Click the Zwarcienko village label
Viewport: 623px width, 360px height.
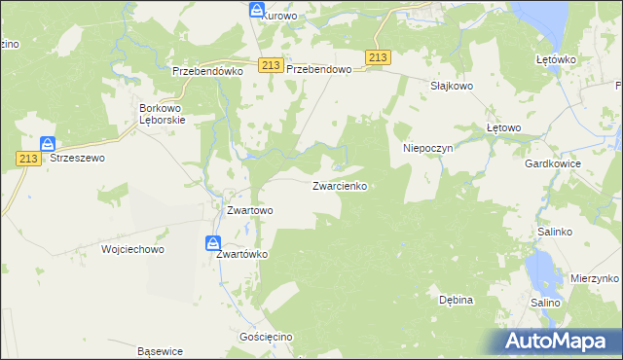pyautogui.click(x=340, y=185)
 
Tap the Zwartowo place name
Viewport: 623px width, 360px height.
pyautogui.click(x=249, y=209)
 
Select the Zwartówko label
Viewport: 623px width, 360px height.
pyautogui.click(x=241, y=254)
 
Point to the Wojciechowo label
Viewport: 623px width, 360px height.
pyautogui.click(x=133, y=249)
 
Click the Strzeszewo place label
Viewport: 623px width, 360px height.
pyautogui.click(x=77, y=157)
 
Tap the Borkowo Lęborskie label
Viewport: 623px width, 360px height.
pyautogui.click(x=163, y=115)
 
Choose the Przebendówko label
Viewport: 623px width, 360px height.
pyautogui.click(x=206, y=71)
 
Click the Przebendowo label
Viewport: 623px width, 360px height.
pyautogui.click(x=318, y=71)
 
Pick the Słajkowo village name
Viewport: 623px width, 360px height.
pyautogui.click(x=452, y=86)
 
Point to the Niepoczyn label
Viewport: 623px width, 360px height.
pyautogui.click(x=430, y=149)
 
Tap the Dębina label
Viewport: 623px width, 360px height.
pyautogui.click(x=456, y=300)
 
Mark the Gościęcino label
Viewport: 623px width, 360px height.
pyautogui.click(x=266, y=337)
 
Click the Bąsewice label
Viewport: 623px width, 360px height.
pyautogui.click(x=161, y=350)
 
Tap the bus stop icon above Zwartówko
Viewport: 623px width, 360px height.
pyautogui.click(x=213, y=242)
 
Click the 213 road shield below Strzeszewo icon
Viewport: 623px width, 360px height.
pyautogui.click(x=27, y=159)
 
